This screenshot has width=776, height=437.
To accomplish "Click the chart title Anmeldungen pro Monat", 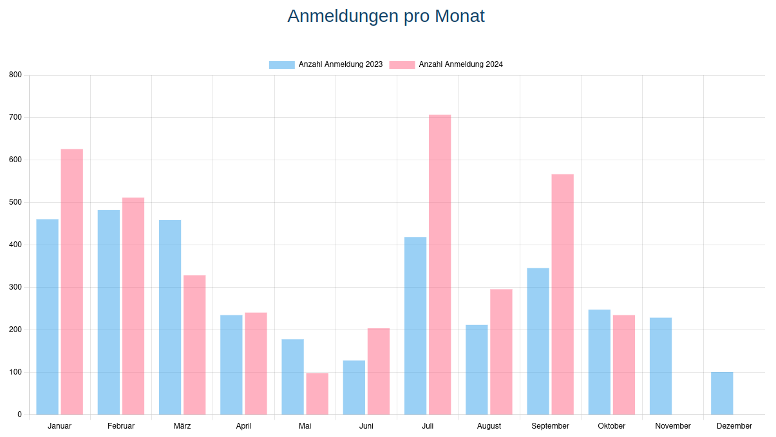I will point(386,16).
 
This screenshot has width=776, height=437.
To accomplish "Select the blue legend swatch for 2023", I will point(281,64).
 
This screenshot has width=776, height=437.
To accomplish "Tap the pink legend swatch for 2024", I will point(402,64).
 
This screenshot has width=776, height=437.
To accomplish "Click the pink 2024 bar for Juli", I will point(440,265).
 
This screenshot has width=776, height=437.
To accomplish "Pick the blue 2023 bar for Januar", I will point(47,317).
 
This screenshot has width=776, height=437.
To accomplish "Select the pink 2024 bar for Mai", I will point(317,393).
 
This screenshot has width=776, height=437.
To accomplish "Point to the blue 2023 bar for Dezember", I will point(722,393).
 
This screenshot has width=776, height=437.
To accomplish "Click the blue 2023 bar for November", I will point(661,366).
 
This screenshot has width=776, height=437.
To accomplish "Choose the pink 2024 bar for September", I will point(562,294).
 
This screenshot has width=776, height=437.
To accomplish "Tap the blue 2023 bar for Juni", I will point(354,387).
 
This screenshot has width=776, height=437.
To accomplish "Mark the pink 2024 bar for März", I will point(194,345).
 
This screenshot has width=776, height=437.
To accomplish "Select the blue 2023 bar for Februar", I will point(109,312).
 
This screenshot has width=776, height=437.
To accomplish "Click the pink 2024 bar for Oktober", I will point(623,364).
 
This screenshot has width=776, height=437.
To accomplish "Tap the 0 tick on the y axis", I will point(19,414).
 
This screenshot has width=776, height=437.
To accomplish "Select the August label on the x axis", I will point(489,426).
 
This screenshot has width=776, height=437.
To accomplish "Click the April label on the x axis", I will point(243,426).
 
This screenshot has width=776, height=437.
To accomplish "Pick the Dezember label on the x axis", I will point(734,426).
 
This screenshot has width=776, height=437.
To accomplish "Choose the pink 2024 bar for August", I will point(501,351).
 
